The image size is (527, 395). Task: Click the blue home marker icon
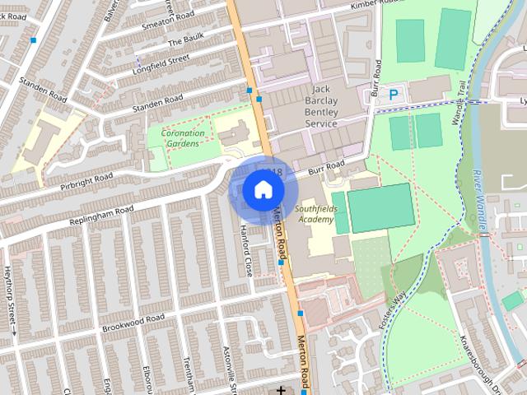[262, 190]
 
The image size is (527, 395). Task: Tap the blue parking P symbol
[393, 95]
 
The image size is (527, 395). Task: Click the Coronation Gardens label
[180, 137]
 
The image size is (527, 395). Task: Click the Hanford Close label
[245, 249]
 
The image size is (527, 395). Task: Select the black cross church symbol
[282, 389]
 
